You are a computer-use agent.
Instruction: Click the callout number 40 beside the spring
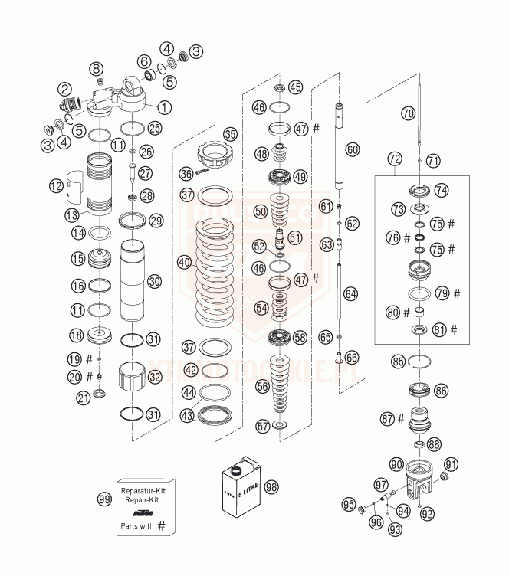click(x=184, y=261)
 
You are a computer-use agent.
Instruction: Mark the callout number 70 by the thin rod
click(x=408, y=113)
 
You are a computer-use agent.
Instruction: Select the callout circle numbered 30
click(x=154, y=281)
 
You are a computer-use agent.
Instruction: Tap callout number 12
click(x=55, y=185)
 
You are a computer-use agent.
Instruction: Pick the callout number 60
click(x=352, y=150)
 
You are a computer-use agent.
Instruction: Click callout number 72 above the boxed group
click(x=395, y=159)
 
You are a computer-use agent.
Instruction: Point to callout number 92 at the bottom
click(x=428, y=514)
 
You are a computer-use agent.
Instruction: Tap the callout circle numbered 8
click(x=97, y=69)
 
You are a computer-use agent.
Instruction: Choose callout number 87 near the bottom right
click(x=389, y=418)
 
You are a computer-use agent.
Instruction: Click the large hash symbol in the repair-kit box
click(x=163, y=528)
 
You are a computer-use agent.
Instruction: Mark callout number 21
click(x=81, y=396)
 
